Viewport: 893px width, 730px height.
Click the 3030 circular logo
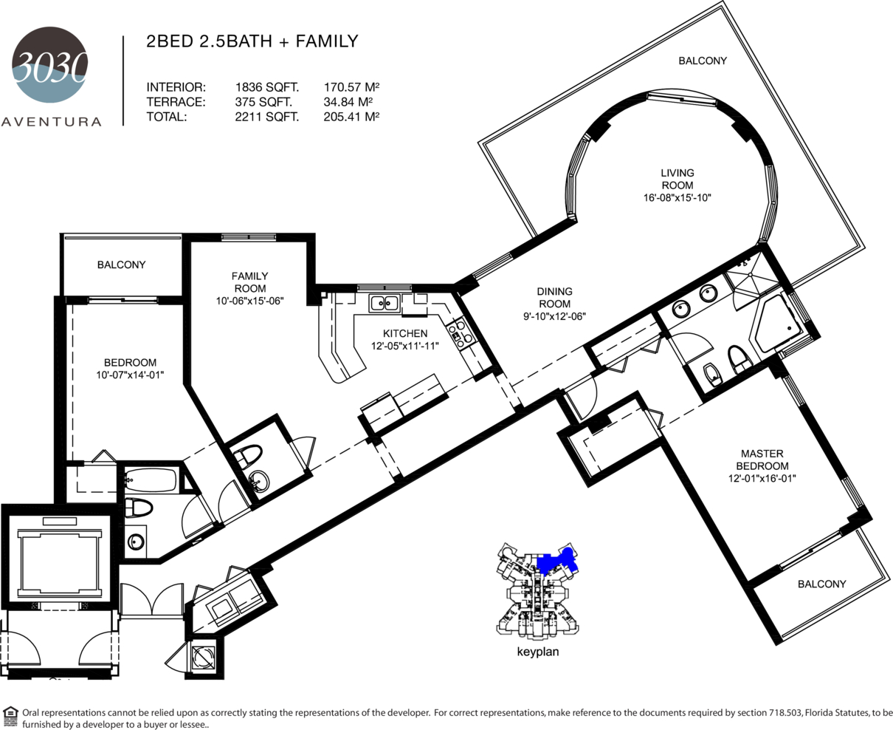(x=50, y=64)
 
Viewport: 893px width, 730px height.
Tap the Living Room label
(x=677, y=179)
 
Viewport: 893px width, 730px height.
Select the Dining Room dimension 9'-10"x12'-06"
(x=555, y=316)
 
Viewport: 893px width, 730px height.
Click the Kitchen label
(x=405, y=333)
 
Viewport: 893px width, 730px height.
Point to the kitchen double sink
(x=385, y=303)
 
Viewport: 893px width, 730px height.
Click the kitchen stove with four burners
(x=460, y=332)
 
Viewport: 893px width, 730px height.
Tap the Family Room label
(x=250, y=282)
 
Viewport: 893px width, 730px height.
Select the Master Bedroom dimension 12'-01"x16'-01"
(x=762, y=479)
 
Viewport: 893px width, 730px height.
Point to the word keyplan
(x=538, y=652)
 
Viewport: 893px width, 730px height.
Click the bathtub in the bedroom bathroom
(x=151, y=480)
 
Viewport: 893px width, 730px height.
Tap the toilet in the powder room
(x=248, y=455)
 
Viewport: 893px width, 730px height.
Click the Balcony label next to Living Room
(x=703, y=61)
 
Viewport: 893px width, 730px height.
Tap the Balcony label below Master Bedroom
(x=822, y=584)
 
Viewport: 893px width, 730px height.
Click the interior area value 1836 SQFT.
(x=266, y=87)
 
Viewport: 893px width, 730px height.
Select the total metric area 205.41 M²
(x=351, y=117)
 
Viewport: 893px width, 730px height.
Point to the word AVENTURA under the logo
(x=51, y=122)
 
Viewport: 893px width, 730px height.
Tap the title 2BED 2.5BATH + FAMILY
(x=252, y=41)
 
